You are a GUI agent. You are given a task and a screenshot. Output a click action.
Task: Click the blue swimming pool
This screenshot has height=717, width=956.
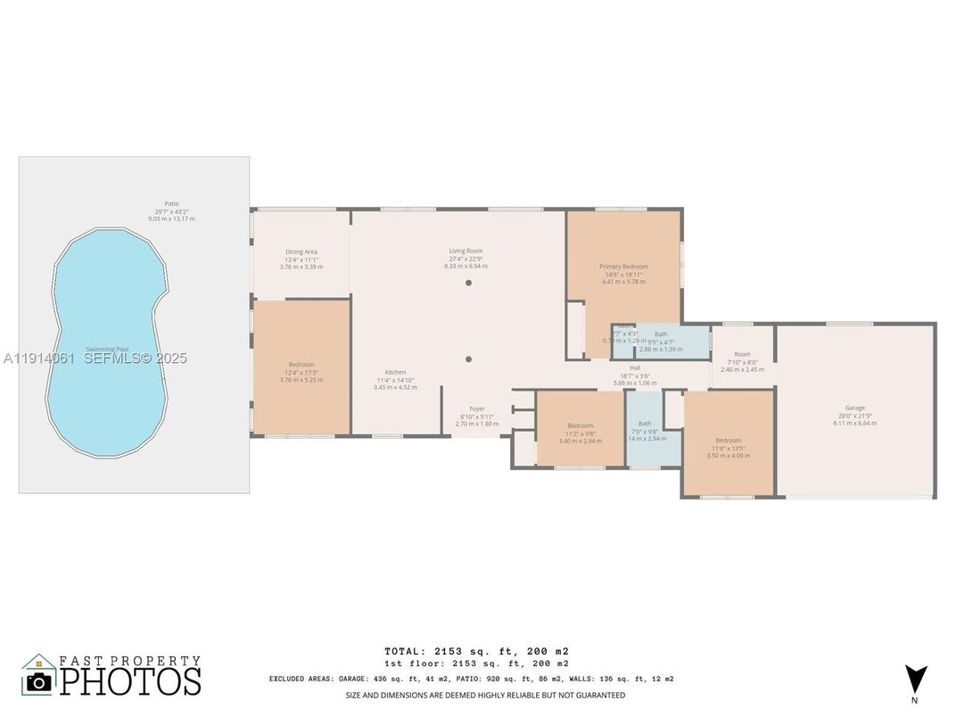107,343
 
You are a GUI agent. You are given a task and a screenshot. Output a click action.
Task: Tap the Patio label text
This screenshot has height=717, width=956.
171,204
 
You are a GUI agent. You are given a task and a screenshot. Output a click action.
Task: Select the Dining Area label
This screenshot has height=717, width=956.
301,251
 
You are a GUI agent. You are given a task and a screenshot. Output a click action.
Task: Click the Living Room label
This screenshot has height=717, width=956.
466,251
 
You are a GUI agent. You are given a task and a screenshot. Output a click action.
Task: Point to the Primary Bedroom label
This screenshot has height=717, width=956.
623,266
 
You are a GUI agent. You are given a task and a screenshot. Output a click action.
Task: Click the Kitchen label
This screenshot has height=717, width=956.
395,372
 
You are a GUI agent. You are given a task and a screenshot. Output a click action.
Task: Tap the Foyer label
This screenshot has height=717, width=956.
477,408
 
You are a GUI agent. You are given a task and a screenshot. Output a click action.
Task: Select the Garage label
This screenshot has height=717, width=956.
854,408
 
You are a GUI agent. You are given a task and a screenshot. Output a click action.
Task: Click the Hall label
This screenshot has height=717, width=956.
635,367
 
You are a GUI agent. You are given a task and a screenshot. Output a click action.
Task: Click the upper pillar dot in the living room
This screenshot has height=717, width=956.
468,283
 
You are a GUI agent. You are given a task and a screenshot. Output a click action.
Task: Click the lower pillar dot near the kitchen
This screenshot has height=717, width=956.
468,359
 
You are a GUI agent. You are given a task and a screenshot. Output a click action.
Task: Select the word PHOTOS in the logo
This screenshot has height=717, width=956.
130,681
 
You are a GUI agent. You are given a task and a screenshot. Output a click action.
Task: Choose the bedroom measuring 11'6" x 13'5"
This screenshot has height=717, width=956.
728,443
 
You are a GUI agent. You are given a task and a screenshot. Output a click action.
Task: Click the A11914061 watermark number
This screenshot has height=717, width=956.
40,358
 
